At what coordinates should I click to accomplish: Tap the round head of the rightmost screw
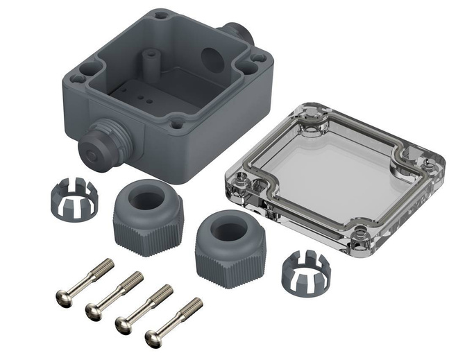154,338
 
